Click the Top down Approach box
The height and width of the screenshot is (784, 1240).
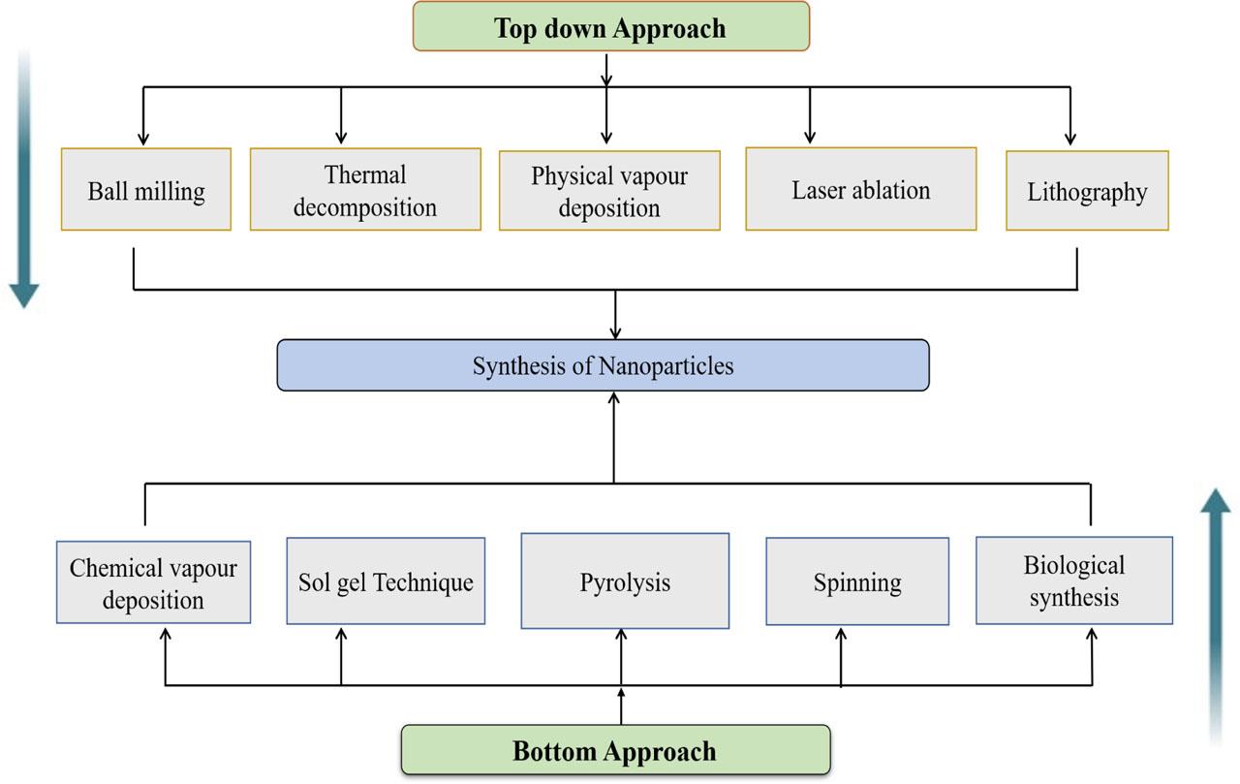pos(611,26)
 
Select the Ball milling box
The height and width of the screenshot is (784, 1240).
pos(146,189)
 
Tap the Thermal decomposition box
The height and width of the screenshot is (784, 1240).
pos(365,189)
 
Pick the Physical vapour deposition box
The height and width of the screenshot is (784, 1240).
pos(609,191)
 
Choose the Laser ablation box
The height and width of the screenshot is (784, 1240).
pos(861,189)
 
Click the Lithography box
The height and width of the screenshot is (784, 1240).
pos(1087,191)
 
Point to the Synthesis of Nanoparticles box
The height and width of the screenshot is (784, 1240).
pos(603,365)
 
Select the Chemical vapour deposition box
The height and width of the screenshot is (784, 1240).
pos(153,582)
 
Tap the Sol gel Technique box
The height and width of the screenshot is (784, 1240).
pos(386,580)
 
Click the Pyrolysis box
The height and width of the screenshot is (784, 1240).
pos(625,580)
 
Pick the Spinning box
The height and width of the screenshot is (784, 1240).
pos(857,581)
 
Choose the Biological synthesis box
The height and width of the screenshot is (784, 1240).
pos(1074,580)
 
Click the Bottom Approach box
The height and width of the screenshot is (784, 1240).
pos(615,750)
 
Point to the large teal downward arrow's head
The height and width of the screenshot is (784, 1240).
pos(24,296)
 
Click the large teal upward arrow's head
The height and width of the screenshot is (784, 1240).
pos(1216,500)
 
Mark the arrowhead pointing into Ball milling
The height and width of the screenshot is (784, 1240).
pos(143,139)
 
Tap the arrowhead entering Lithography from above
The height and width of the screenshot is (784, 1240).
pos(1070,139)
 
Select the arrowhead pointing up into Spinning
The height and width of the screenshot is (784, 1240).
pos(841,635)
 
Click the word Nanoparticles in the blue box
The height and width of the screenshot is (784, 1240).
pos(666,366)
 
